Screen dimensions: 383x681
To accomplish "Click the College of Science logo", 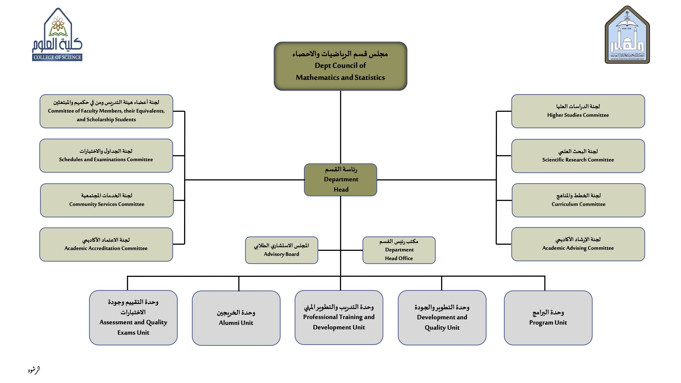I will (57, 35).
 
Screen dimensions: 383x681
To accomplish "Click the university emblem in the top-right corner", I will (627, 35).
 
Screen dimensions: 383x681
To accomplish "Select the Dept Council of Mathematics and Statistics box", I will (340, 66).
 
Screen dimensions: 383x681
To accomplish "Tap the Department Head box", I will (340, 180).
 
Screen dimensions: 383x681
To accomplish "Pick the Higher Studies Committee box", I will (578, 111).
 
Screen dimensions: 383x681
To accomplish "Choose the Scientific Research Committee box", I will (578, 156).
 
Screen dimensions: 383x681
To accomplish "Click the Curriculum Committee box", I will (578, 200).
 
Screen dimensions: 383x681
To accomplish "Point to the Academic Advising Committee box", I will (578, 244).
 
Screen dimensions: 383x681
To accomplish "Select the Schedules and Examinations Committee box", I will (106, 156).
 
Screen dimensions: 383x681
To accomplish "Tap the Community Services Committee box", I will (107, 200).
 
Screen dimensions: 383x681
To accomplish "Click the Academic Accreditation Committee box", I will (106, 244).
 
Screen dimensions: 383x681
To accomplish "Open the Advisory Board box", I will (282, 250).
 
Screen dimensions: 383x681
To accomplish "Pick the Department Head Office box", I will (399, 250).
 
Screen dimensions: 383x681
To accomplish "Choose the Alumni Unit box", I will (236, 318).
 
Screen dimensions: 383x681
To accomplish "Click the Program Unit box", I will (548, 318).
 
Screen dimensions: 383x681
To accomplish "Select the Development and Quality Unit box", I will (442, 318).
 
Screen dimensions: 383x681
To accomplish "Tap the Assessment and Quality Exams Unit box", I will (133, 318).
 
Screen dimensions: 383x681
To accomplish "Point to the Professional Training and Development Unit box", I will (339, 317).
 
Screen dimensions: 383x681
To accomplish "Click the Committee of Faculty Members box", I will (106, 111).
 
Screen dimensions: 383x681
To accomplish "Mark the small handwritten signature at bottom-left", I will (34, 370).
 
